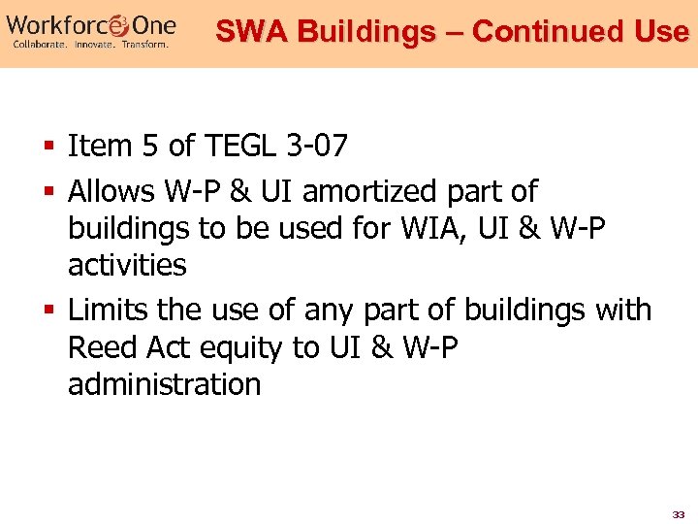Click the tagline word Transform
143,45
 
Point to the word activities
127,264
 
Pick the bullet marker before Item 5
48,147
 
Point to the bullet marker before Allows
48,192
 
